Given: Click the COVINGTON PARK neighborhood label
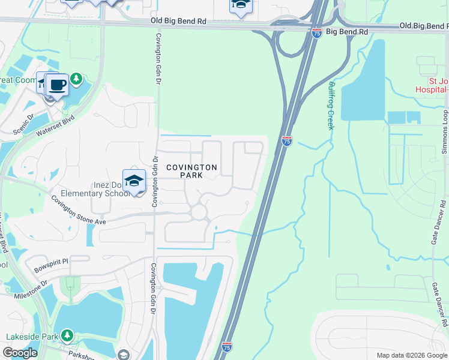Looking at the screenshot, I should pos(191,171).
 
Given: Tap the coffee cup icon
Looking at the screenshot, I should pos(57,85).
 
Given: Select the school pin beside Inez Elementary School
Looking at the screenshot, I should pos(134,181).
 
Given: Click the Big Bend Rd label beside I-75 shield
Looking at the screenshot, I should pos(343,31).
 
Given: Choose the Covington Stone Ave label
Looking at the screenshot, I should pos(78,210).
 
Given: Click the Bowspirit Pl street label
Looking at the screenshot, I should pos(52,266).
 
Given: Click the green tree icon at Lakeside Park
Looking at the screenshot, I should pos(68,334).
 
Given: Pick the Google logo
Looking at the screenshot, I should pos(20,353).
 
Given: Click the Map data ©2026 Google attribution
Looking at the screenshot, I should pos(412,355).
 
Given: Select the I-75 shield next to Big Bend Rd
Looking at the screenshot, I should pos(317,34).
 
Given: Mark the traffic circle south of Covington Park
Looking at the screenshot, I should pos(198,212).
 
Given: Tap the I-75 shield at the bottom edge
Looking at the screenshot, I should pos(226,347).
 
